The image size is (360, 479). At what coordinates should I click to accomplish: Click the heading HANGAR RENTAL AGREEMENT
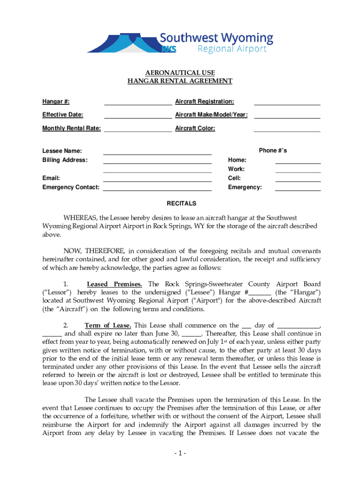pyautogui.click(x=180, y=81)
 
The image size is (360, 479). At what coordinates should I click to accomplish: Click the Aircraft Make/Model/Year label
pyautogui.click(x=211, y=115)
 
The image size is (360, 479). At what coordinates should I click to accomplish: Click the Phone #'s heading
pyautogui.click(x=273, y=151)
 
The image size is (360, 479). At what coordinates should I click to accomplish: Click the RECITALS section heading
pyautogui.click(x=181, y=204)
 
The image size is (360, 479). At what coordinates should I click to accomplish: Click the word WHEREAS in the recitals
pyautogui.click(x=80, y=218)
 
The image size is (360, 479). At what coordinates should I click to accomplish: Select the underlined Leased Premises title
pyautogui.click(x=116, y=284)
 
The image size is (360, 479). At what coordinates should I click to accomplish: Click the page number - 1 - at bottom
pyautogui.click(x=180, y=454)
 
